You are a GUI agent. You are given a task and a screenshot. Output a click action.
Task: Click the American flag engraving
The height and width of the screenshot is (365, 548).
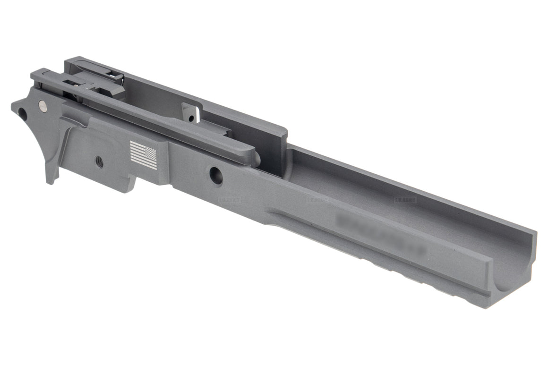click(x=143, y=154)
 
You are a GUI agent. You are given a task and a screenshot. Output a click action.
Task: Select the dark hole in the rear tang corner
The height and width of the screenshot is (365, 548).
click(x=21, y=113)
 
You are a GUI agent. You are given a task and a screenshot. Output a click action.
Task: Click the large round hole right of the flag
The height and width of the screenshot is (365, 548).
click(x=216, y=175)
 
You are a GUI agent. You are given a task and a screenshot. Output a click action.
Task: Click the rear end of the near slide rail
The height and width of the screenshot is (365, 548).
click(x=38, y=75)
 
